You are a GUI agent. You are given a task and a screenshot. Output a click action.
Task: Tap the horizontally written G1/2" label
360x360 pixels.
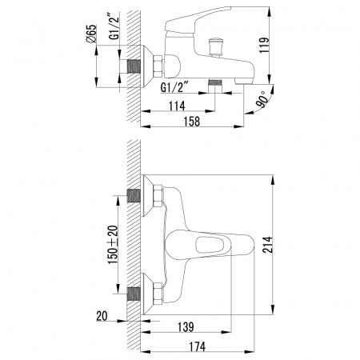coord(175,87)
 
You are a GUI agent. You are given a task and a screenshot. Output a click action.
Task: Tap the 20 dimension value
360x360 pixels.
coord(100,318)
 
